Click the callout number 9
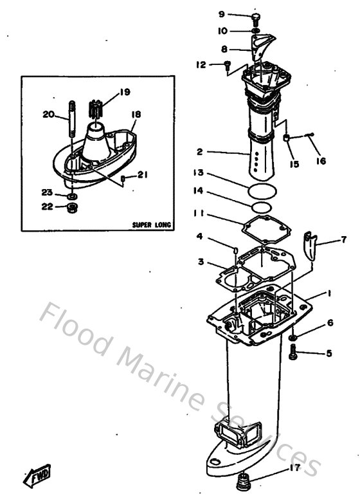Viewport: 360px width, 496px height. pyautogui.click(x=222, y=14)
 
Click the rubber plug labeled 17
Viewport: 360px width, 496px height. pyautogui.click(x=244, y=481)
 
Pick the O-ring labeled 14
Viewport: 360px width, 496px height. pyautogui.click(x=261, y=207)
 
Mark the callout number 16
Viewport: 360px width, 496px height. pyautogui.click(x=321, y=161)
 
